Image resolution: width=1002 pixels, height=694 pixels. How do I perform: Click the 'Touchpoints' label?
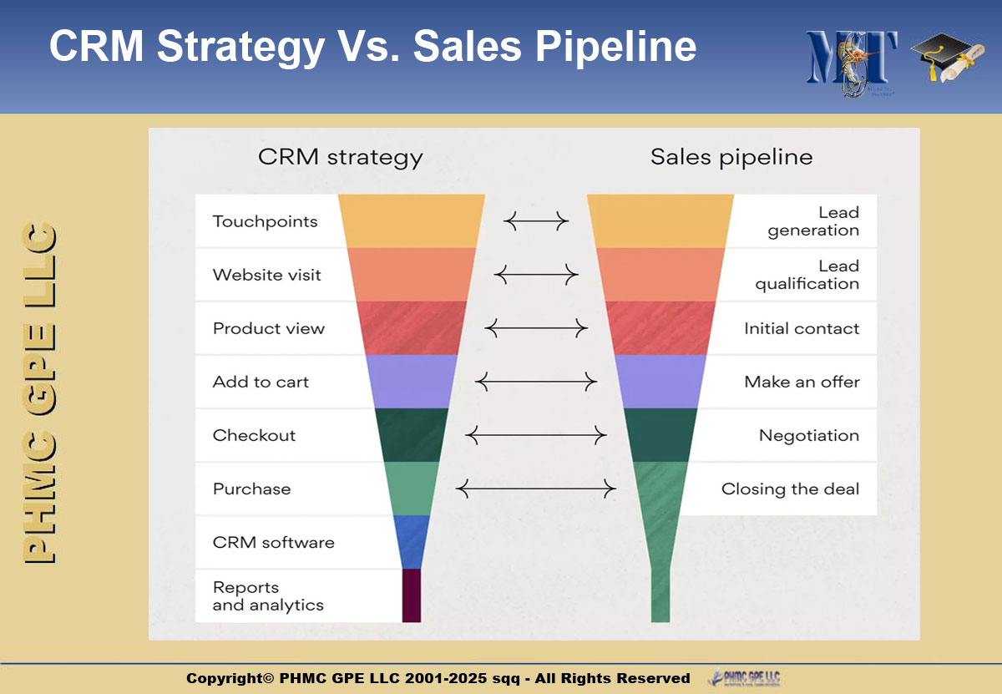point(265,221)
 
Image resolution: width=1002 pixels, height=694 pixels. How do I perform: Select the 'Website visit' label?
point(266,275)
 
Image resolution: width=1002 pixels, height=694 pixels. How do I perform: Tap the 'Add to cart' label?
point(261,382)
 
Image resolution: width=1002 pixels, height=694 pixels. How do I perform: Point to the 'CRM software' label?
point(273,542)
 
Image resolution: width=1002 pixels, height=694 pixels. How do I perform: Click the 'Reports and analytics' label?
point(268,596)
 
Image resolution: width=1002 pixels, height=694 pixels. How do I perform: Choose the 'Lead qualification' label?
point(807,275)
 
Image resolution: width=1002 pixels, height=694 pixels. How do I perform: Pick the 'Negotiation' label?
point(809,435)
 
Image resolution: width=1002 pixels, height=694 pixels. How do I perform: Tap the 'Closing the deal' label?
point(790,489)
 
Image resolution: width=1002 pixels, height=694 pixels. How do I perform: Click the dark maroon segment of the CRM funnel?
point(412,595)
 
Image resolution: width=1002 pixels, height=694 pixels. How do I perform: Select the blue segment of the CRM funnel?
point(412,542)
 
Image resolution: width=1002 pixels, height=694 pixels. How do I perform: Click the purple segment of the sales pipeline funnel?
point(660,382)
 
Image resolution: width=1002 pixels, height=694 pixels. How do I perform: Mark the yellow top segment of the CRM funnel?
point(412,221)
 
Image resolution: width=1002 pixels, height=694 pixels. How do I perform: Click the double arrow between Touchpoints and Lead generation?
point(536,221)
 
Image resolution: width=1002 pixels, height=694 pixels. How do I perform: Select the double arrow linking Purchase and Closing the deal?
point(536,489)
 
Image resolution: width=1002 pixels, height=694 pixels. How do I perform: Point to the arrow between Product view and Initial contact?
point(536,328)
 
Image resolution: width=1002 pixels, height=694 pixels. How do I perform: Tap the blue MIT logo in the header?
point(851,63)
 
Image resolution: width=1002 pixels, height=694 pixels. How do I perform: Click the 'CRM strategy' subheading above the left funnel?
point(340,158)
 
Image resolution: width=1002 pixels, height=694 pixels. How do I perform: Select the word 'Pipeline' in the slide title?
point(615,47)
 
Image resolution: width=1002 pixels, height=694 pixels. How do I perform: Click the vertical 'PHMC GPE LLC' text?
point(39,393)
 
